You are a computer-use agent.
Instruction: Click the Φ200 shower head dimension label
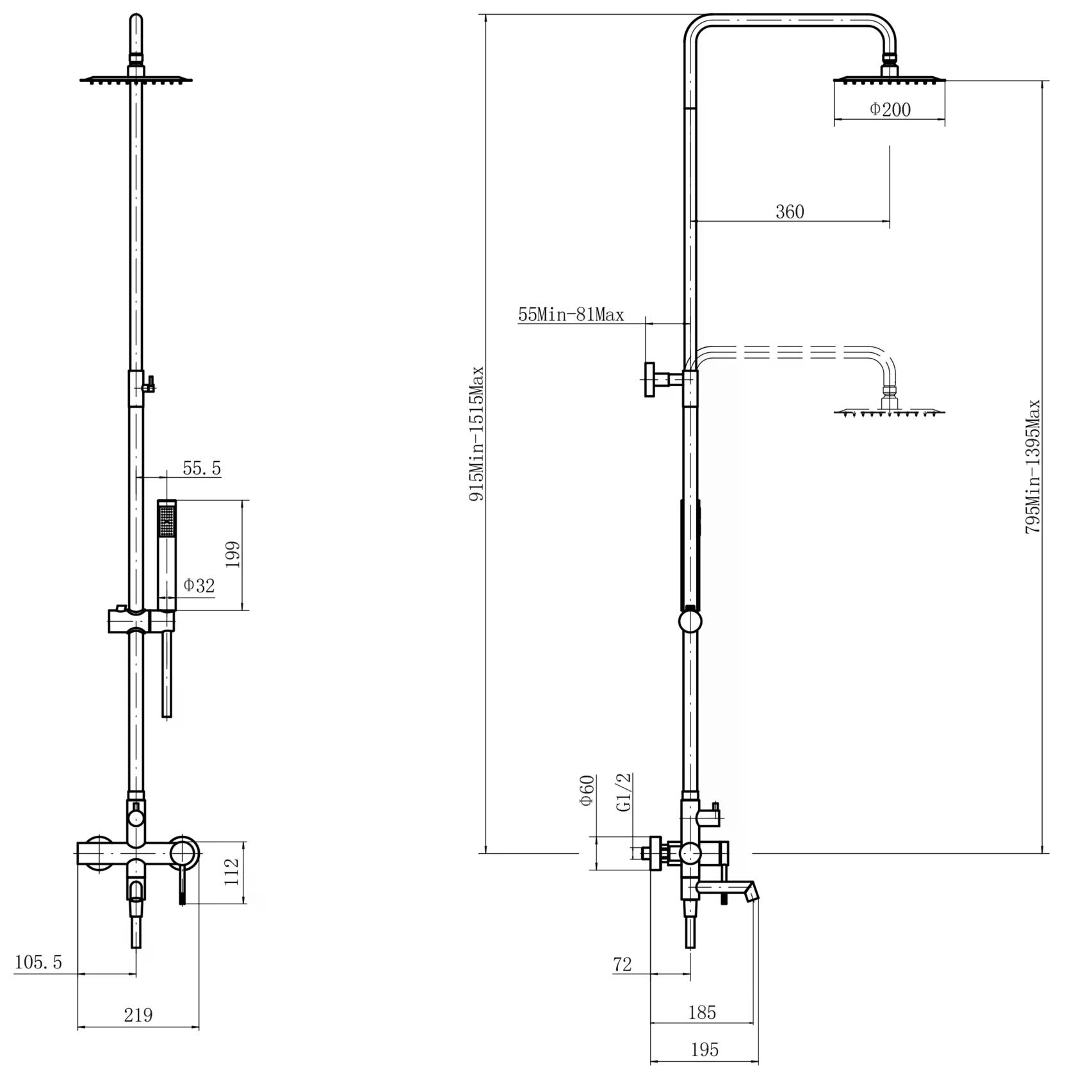pos(890,110)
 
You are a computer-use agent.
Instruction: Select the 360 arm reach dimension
pos(789,211)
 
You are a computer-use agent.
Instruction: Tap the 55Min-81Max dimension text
pos(571,314)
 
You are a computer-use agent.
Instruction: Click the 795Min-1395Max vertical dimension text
pos(1032,467)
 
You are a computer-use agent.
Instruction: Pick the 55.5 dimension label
pos(202,468)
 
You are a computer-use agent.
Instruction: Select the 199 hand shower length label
pos(232,555)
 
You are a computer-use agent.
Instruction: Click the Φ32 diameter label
pos(199,585)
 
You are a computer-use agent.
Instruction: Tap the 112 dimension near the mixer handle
pos(232,872)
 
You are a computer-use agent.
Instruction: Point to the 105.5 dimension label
pos(38,962)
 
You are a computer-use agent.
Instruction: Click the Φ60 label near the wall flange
pos(587,791)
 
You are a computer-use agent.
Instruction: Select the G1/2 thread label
pos(624,792)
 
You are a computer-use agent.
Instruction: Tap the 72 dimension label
pos(622,964)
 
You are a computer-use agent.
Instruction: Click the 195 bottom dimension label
pos(705,1050)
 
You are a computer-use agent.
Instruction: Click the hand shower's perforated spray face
pos(167,519)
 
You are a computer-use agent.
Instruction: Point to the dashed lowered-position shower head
pos(889,410)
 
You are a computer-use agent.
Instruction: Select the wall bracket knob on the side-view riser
pos(651,380)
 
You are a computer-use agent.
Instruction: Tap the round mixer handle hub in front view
pos(184,853)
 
